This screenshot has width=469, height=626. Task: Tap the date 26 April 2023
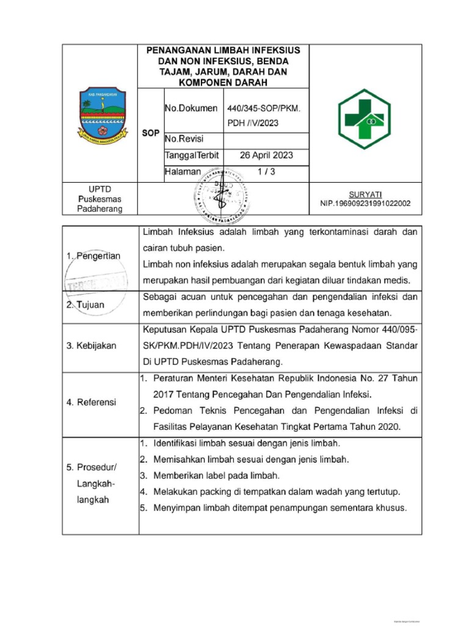tap(266, 155)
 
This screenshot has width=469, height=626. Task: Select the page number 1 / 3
tap(266, 172)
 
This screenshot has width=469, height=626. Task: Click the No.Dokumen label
tap(191, 108)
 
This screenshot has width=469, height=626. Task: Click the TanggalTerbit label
tap(192, 155)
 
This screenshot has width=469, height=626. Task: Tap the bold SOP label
tap(151, 132)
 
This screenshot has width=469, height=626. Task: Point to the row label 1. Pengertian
tap(93, 256)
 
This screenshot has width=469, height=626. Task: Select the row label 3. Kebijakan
tap(92, 345)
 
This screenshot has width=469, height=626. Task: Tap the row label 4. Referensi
tap(92, 402)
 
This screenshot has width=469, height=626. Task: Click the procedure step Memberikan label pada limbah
tap(216, 475)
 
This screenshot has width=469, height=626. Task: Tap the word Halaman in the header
tap(183, 172)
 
